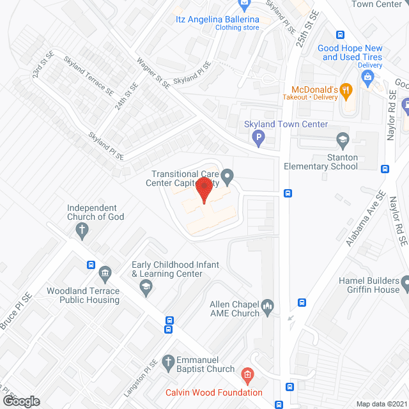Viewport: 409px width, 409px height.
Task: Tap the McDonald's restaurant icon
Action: click(346, 90)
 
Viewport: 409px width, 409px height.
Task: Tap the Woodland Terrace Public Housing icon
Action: click(106, 274)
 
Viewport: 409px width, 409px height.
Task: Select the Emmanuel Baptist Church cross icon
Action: click(169, 362)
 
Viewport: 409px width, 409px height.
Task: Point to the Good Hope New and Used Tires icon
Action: click(367, 78)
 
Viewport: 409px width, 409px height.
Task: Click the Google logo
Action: click(20, 401)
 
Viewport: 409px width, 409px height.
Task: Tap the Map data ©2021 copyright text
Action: click(381, 404)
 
